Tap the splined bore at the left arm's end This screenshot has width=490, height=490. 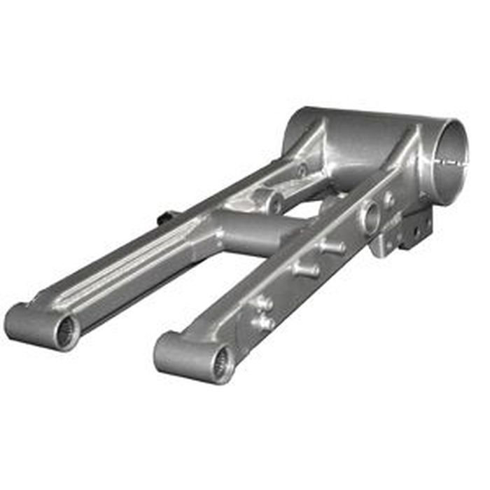66,332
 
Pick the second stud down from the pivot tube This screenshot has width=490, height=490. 305,269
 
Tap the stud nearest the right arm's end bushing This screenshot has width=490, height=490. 264,323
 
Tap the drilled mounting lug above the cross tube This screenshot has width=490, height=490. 274,203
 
